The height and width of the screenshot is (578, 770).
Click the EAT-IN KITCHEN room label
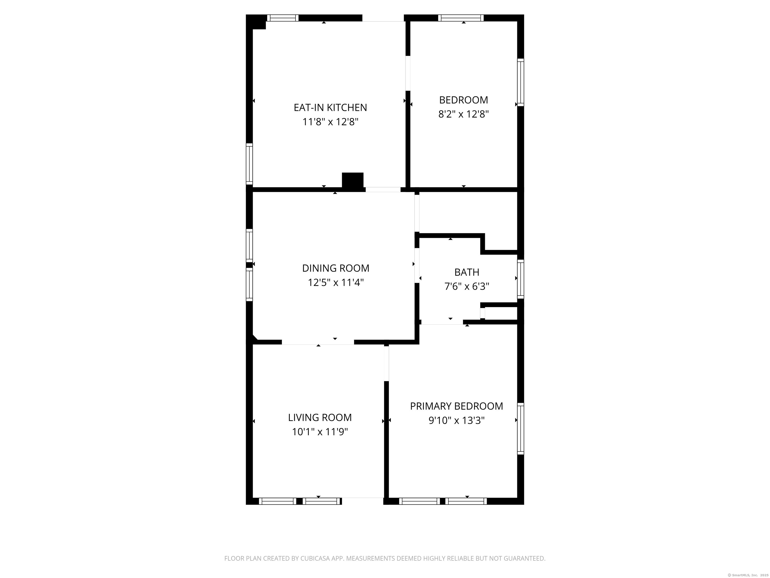point(330,108)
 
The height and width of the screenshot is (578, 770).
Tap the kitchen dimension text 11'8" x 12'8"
point(330,122)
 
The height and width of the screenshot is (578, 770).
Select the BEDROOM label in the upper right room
point(464,100)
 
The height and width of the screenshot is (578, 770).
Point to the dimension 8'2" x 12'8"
point(464,114)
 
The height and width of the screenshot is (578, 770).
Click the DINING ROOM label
point(336,268)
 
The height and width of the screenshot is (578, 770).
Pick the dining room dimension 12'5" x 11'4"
point(336,282)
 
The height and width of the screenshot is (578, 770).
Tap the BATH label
point(467,272)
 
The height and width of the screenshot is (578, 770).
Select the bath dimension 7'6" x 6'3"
point(467,286)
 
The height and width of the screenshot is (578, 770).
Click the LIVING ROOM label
point(320,417)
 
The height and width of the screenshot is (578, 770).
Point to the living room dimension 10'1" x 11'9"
point(320,432)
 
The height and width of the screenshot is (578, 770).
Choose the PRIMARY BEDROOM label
point(457,406)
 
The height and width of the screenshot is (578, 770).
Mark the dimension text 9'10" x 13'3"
point(457,420)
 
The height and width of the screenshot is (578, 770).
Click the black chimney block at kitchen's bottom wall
point(353,181)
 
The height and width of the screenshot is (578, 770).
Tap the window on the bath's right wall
point(520,279)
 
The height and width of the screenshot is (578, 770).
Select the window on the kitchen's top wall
point(283,18)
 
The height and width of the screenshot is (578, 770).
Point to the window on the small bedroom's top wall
point(460,18)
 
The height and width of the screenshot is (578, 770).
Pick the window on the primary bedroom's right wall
point(520,428)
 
